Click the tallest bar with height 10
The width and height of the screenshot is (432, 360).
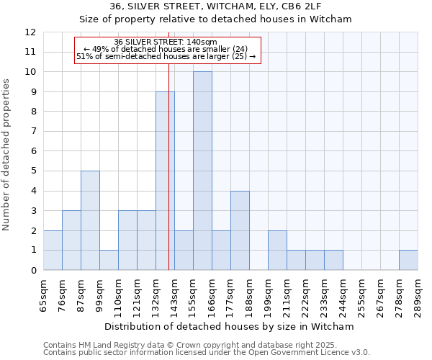point(202,171)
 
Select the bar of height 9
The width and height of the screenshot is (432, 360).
point(165,181)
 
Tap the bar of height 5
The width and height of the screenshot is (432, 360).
point(90,220)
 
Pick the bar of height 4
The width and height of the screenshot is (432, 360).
point(240,230)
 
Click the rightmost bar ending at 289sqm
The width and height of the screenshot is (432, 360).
point(408,260)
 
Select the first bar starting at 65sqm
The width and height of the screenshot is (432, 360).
point(53,250)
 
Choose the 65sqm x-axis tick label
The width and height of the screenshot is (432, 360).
point(44,294)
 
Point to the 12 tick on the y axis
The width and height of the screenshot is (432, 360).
point(30,32)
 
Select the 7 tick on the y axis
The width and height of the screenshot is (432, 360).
point(33,131)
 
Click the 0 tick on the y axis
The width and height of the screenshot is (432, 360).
point(33,270)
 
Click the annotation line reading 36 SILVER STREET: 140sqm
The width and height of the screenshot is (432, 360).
point(166,42)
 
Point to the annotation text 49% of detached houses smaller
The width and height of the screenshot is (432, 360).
point(166,49)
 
